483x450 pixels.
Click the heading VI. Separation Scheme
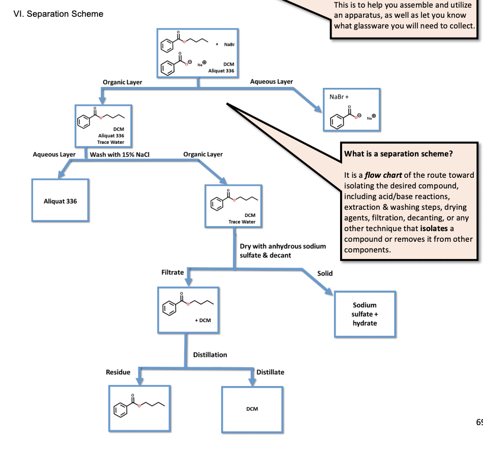[57, 14]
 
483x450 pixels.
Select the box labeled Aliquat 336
[60, 201]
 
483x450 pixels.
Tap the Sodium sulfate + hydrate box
[365, 314]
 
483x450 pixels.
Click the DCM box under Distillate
[252, 409]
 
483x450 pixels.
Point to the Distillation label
[210, 355]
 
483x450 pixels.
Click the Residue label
[118, 372]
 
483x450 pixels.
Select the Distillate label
[270, 372]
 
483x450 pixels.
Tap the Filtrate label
[172, 273]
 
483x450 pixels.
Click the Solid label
[325, 273]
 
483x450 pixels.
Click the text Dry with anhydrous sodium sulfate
[283, 246]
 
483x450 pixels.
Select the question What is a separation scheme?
[399, 154]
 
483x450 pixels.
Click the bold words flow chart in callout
[383, 175]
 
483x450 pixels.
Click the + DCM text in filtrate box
[202, 320]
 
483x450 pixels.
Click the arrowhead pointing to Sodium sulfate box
[328, 293]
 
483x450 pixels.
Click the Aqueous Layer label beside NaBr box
[271, 82]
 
